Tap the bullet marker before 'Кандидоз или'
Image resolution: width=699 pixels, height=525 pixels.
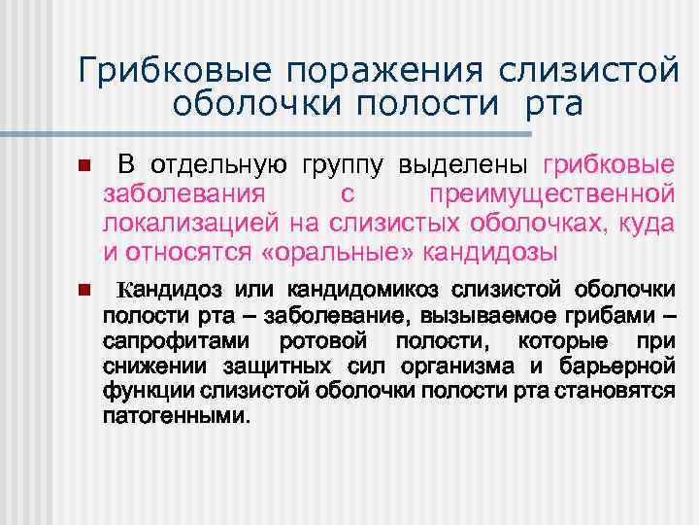84,290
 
